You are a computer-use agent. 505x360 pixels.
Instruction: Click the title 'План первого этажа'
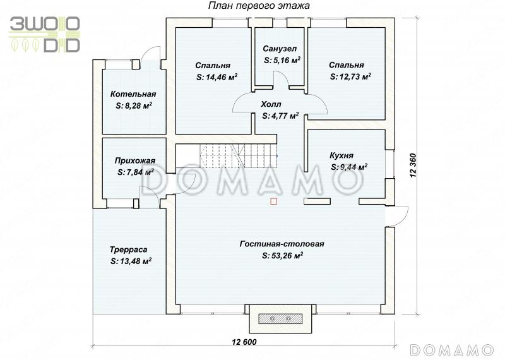tap(259, 6)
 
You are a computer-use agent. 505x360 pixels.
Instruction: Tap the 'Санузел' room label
tap(280, 49)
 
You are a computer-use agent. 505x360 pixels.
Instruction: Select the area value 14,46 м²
tap(217, 77)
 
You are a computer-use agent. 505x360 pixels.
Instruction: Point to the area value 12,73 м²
tap(350, 76)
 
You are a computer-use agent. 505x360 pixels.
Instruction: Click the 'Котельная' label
tap(133, 94)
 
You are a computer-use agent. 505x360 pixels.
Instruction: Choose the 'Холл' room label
tap(271, 104)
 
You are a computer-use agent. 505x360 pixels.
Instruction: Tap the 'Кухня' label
tap(342, 155)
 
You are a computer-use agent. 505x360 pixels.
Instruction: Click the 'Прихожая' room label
tap(135, 160)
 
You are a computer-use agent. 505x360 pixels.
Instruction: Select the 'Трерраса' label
tap(129, 249)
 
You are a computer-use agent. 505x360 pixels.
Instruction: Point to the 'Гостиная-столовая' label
tap(282, 244)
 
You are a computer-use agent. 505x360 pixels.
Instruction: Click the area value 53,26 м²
tap(282, 256)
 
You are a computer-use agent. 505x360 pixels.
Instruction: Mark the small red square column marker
tap(273, 201)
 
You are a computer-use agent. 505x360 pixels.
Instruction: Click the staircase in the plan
tap(239, 155)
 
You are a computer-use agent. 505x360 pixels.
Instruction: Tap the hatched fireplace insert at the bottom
tap(280, 319)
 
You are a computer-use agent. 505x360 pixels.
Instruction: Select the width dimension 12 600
tap(244, 342)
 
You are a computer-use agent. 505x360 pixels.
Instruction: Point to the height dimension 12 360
tap(413, 165)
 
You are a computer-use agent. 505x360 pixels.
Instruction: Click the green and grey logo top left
tap(44, 34)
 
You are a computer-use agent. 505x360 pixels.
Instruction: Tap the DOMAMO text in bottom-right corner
tap(452, 350)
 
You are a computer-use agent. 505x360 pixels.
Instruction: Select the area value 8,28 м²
tap(134, 105)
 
